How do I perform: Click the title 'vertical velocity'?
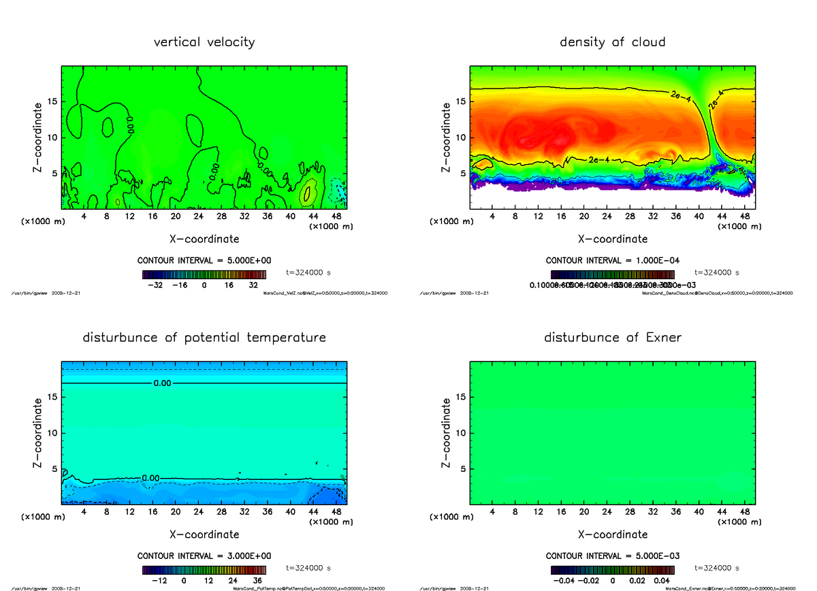pos(204,42)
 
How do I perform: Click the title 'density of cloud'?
pos(612,42)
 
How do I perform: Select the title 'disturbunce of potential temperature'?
pos(204,338)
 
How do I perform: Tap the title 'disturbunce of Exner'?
pos(612,338)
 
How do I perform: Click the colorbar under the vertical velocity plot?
pos(204,274)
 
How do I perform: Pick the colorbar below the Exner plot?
pos(612,570)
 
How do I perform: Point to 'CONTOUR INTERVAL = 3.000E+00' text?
pos(204,556)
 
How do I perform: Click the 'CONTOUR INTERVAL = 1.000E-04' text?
pos(612,260)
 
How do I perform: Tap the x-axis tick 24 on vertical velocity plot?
pos(198,217)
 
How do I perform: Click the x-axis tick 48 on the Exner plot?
pos(745,511)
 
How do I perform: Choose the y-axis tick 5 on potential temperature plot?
pos(55,468)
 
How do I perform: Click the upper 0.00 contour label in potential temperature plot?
pos(162,383)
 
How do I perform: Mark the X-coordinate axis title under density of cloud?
pos(612,239)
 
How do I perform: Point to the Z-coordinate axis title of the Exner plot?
pos(447,432)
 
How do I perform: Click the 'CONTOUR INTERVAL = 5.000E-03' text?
pos(612,556)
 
